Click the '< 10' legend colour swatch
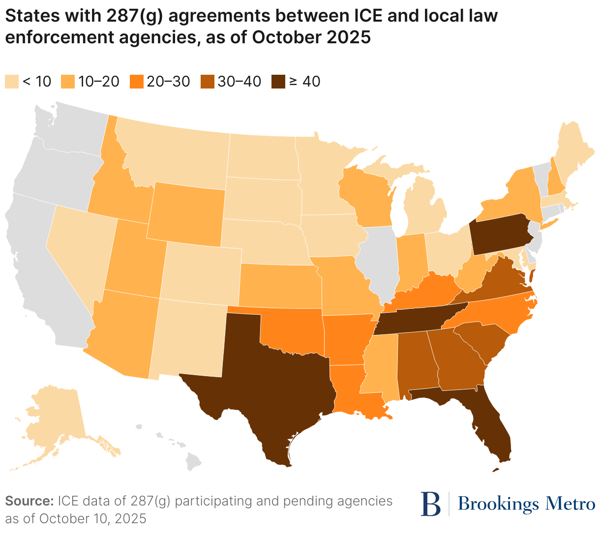[x=12, y=82]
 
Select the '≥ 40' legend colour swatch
[x=278, y=82]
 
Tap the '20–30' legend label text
[x=168, y=82]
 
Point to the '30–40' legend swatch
[x=208, y=82]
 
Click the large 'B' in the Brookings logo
[x=431, y=503]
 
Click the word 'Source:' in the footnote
[x=29, y=501]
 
